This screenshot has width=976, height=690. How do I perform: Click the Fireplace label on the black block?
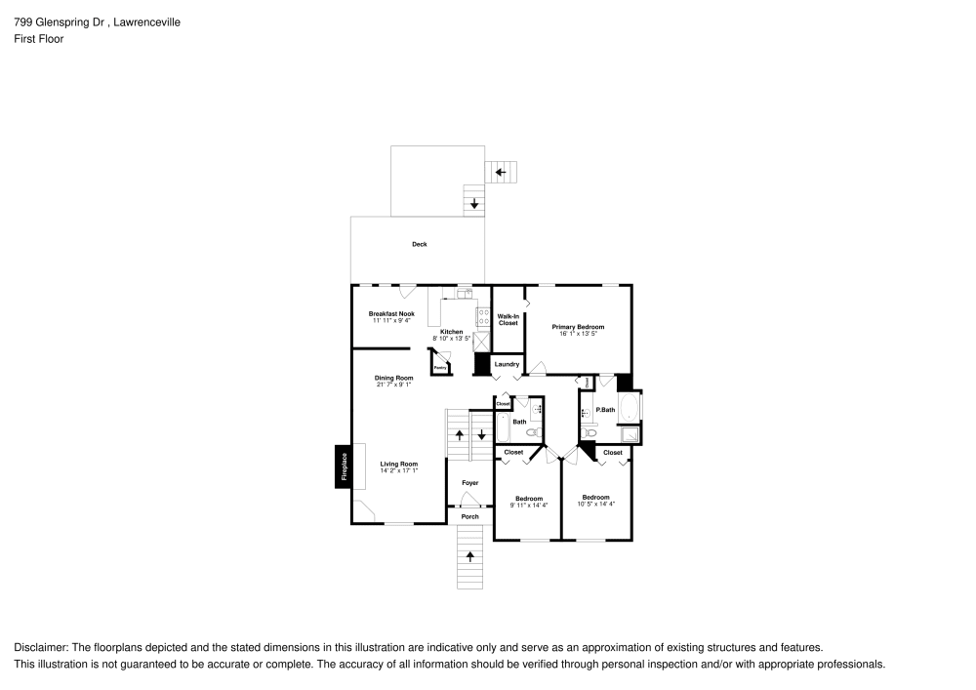coord(344,467)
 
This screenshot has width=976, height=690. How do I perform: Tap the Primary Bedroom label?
coord(578,327)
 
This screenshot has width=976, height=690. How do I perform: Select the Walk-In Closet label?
coord(508,319)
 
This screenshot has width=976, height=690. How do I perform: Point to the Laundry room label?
coord(507,364)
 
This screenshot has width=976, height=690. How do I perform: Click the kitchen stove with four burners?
coord(481,316)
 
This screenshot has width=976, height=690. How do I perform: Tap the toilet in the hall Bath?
coord(533,431)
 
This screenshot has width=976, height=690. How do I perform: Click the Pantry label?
coord(440,368)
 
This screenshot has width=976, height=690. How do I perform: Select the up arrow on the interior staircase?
coord(459,433)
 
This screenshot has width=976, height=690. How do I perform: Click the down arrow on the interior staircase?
coord(481,433)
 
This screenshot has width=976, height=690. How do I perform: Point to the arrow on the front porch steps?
coord(470,556)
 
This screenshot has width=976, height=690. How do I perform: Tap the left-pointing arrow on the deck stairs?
coord(501,173)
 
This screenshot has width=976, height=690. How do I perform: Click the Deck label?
coord(419,244)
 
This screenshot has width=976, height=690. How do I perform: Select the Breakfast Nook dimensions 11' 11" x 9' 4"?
coord(390,320)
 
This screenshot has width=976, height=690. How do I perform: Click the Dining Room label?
coord(393,378)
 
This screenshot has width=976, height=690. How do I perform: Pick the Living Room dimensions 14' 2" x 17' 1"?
coord(398,470)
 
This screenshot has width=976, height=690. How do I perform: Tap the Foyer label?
coord(469,483)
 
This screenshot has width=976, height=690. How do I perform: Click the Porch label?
coord(469,516)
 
